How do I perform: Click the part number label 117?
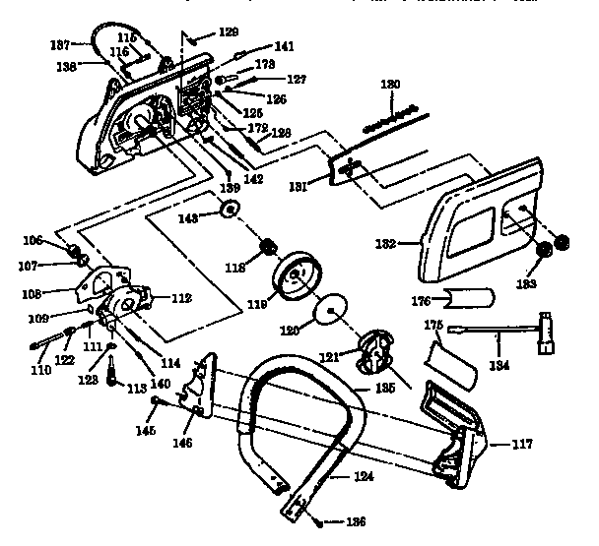[522, 444]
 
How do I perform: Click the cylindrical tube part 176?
[471, 295]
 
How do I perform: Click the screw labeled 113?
[113, 371]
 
